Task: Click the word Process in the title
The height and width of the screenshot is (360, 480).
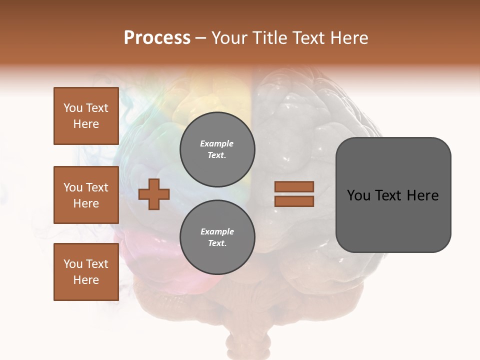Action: point(157,38)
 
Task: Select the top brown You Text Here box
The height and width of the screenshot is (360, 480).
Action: point(86,116)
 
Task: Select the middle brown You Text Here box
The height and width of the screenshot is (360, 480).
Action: point(86,195)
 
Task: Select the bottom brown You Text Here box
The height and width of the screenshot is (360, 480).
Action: point(86,272)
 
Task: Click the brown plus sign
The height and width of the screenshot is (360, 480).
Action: point(154,194)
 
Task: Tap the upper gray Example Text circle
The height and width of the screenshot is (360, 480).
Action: point(217,149)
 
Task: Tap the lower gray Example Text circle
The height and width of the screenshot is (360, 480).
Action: point(217,237)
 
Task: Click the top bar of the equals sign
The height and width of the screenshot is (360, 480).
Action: point(294,186)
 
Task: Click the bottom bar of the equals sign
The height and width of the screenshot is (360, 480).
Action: point(294,201)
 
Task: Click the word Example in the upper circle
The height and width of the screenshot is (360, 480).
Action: point(217,143)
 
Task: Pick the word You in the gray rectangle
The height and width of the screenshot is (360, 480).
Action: point(359,195)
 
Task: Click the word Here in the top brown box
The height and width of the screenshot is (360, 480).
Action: point(86,124)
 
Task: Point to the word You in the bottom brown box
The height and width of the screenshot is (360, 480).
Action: point(72,264)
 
